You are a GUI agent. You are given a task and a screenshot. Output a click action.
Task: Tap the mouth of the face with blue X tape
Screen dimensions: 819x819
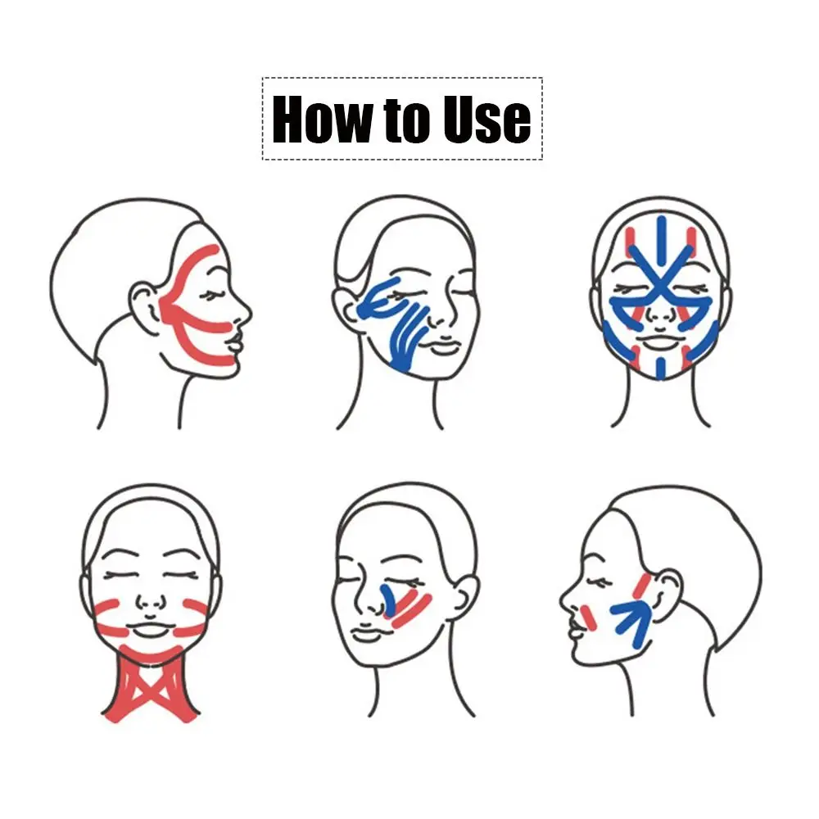661,342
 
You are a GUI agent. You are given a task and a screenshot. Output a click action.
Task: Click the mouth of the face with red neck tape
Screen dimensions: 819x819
148,631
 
